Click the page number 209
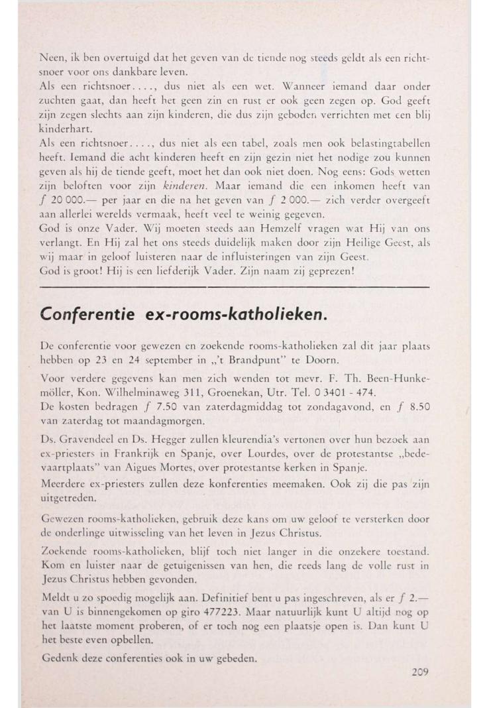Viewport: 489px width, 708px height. pos(419,671)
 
